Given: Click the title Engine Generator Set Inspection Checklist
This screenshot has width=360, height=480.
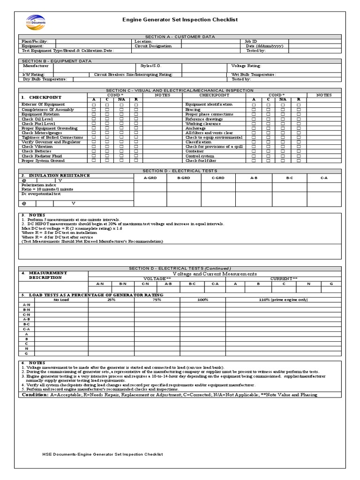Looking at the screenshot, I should (x=180, y=20).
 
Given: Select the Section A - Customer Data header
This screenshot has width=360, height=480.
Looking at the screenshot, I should (x=180, y=37).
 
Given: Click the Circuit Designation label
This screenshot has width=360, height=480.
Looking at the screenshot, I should (x=153, y=46).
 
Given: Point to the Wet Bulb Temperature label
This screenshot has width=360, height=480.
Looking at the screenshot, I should (x=254, y=75).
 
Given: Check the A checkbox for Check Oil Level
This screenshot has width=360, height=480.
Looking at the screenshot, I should (x=94, y=119).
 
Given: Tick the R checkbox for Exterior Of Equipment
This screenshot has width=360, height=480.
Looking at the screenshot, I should (x=136, y=105).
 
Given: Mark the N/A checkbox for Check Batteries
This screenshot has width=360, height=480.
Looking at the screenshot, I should (x=121, y=151).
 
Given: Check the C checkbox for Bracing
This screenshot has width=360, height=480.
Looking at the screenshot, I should (x=268, y=109).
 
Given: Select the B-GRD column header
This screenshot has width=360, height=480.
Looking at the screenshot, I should (x=184, y=178).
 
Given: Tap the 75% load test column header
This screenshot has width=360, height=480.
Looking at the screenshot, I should (x=157, y=299).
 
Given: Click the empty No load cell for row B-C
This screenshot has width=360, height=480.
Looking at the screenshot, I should (x=61, y=324).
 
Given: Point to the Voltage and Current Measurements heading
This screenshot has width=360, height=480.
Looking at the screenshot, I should (x=215, y=274).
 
